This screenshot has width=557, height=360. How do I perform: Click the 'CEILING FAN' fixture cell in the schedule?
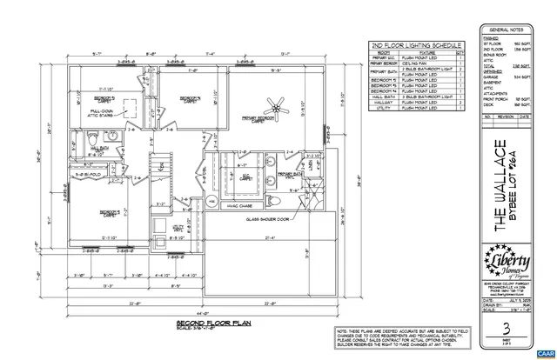(421, 63)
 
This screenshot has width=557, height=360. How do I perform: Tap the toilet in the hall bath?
(103, 139)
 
